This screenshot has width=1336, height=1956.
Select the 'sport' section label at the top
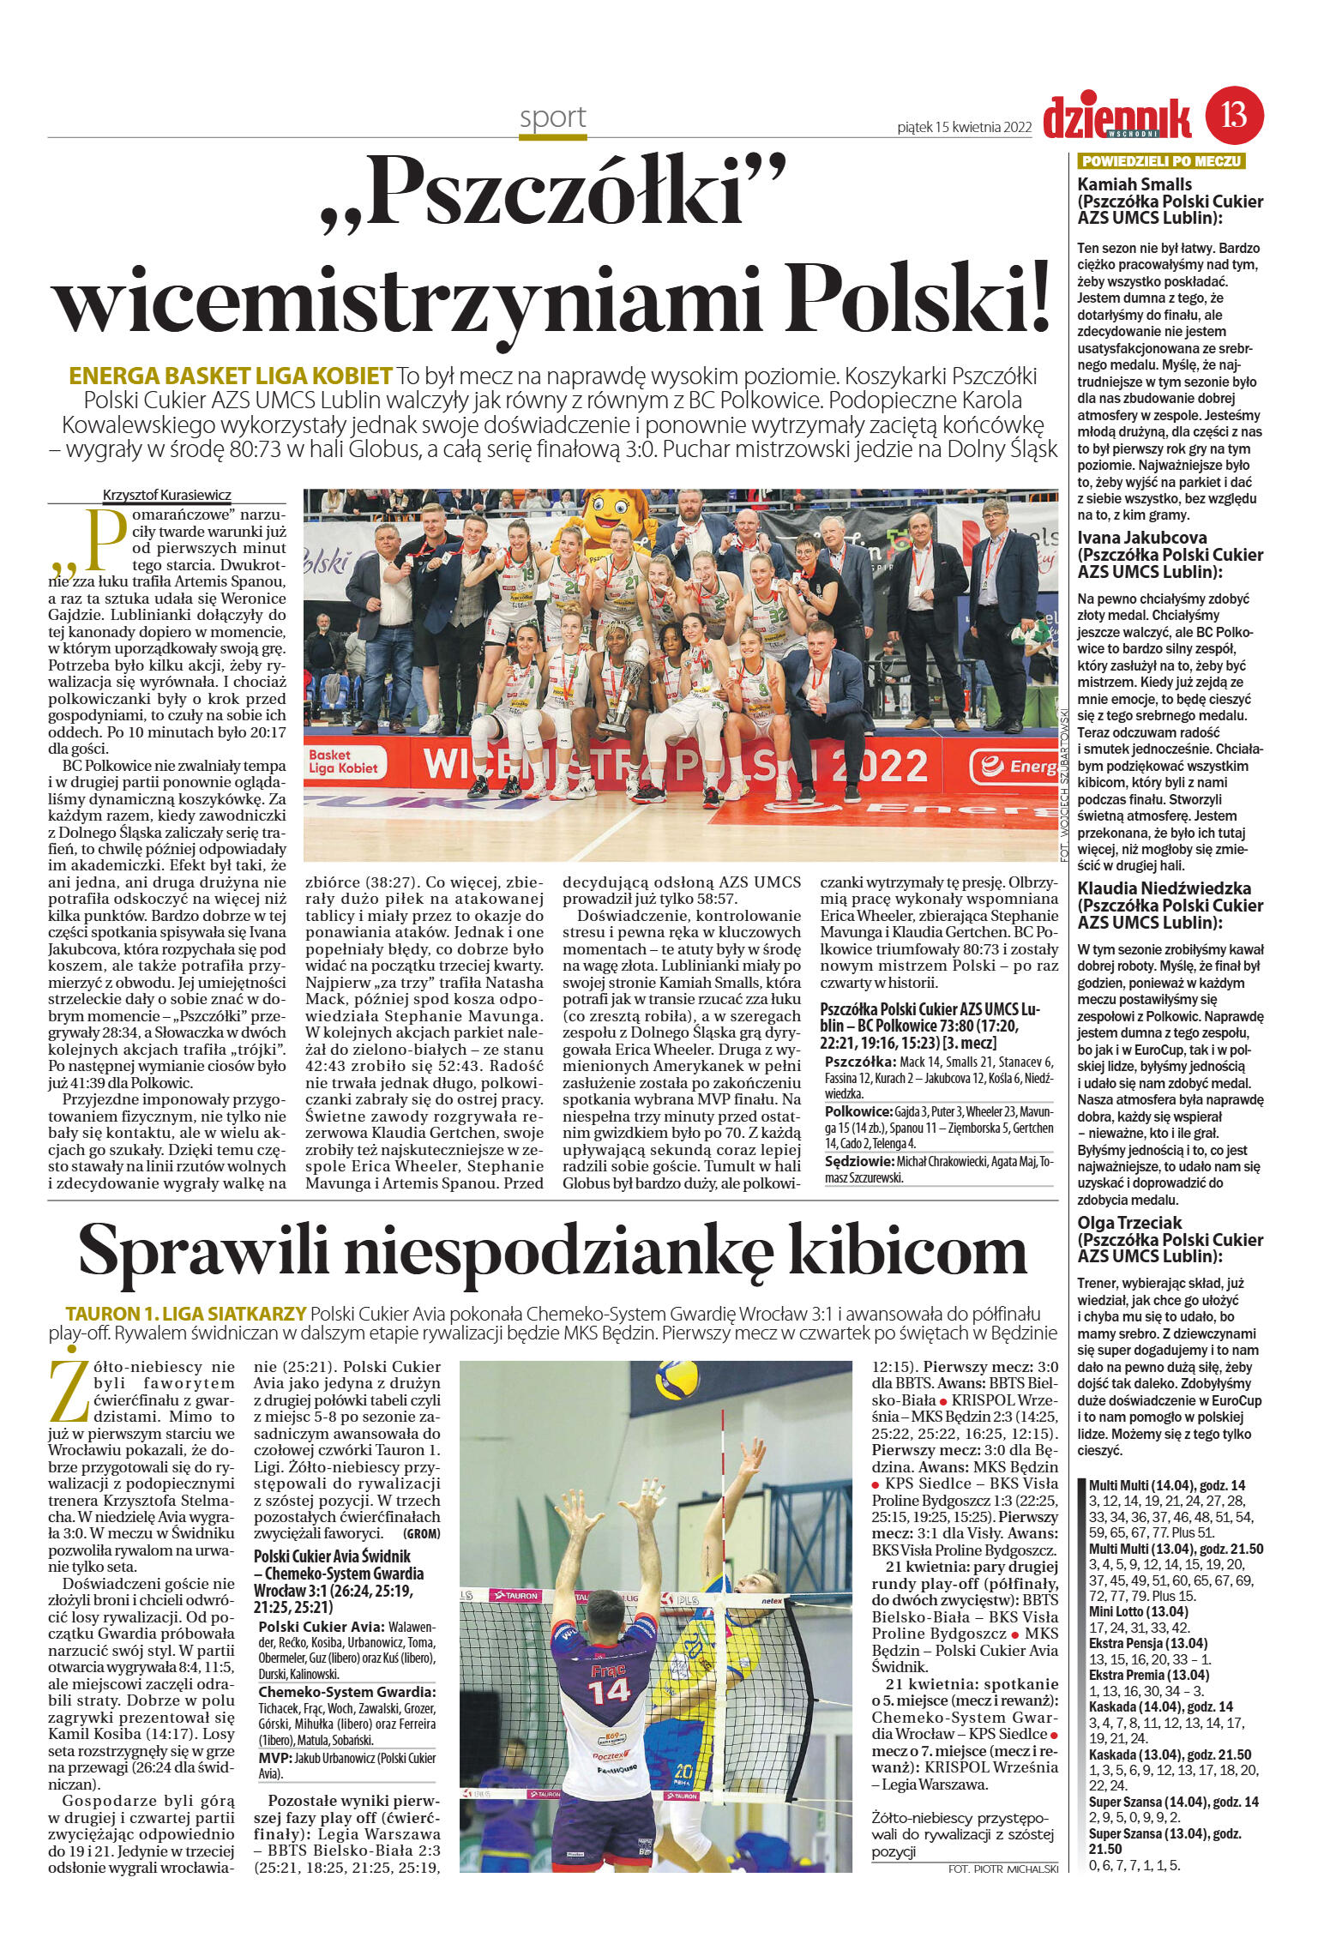click(x=552, y=117)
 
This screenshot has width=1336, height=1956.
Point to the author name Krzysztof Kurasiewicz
click(x=167, y=495)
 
